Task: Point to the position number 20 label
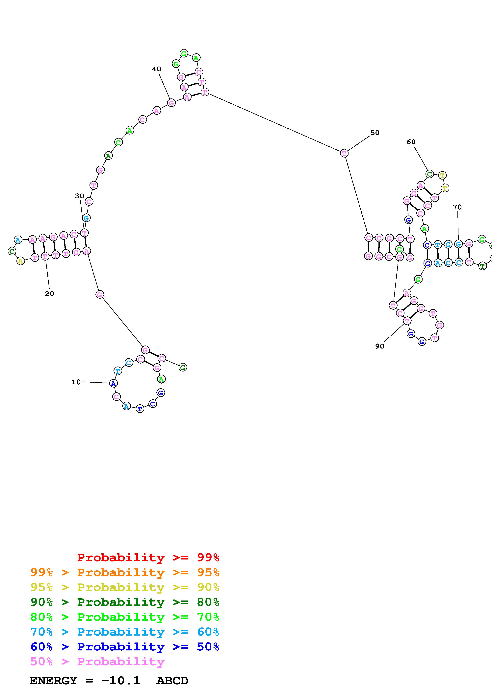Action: pyautogui.click(x=49, y=294)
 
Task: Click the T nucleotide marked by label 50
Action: pyautogui.click(x=344, y=154)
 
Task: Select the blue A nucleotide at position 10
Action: pyautogui.click(x=113, y=384)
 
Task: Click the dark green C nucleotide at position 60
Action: pyautogui.click(x=429, y=174)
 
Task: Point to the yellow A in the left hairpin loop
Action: pyautogui.click(x=20, y=261)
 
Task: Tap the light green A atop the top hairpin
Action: pyautogui.click(x=196, y=57)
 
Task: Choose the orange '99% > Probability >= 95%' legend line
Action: pyautogui.click(x=125, y=572)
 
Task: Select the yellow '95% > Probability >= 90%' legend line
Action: pyautogui.click(x=125, y=587)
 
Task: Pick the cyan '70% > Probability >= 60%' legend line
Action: pyautogui.click(x=125, y=632)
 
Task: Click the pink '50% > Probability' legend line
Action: pyautogui.click(x=97, y=662)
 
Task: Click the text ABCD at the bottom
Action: pyautogui.click(x=172, y=681)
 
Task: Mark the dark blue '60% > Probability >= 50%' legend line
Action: pyautogui.click(x=125, y=647)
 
